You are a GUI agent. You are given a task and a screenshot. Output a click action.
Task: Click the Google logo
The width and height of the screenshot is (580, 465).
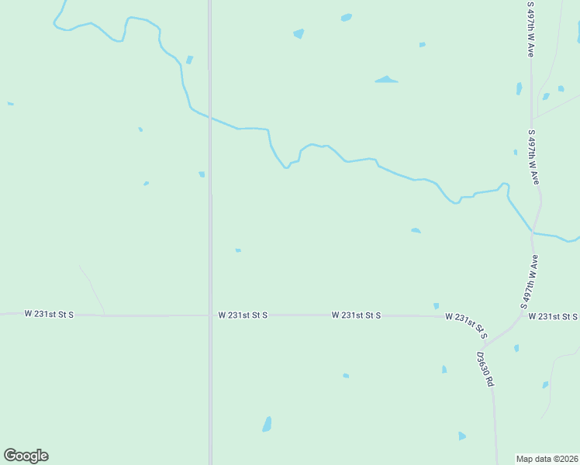coord(26,456)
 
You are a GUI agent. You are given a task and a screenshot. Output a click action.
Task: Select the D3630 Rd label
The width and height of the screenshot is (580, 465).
coord(485,369)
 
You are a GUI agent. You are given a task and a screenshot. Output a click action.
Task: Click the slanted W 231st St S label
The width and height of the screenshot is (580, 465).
coord(466,325)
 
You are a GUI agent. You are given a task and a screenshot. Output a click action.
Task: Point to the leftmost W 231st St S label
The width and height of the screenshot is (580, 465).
coord(49,314)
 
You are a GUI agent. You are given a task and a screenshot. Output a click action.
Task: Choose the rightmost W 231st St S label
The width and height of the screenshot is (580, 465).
coord(554,316)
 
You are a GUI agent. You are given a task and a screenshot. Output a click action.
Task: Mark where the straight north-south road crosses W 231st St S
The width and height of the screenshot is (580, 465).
coord(210,315)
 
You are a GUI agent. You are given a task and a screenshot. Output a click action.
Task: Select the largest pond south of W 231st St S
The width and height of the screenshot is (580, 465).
coord(267,424)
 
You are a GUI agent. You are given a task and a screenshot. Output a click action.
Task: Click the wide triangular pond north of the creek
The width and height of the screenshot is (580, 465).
coord(386,79)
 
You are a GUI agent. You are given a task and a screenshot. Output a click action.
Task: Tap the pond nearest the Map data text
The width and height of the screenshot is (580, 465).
coord(462,436)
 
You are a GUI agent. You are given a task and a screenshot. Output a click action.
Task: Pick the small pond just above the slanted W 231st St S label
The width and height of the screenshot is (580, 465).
coord(436,306)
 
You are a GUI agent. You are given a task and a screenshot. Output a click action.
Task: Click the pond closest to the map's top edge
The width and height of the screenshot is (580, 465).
coord(346,17)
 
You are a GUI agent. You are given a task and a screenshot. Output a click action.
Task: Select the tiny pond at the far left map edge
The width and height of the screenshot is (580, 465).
coord(10,103)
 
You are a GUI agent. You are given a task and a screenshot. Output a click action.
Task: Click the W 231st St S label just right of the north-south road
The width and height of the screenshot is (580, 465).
coord(243,315)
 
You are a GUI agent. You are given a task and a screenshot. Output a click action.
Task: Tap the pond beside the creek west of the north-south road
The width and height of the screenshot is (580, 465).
coord(189,60)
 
